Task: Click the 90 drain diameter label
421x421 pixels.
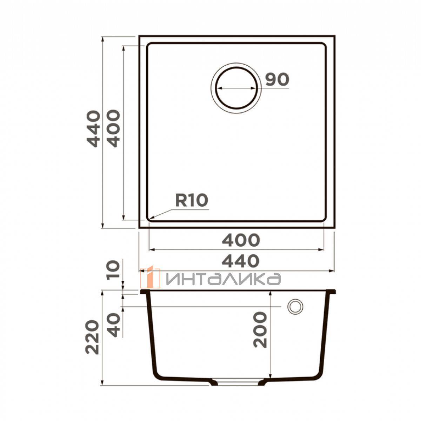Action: (x=277, y=79)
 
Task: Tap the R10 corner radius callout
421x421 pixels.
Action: (x=192, y=201)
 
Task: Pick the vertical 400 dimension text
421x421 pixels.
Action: (x=114, y=128)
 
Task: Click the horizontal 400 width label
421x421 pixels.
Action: (x=241, y=240)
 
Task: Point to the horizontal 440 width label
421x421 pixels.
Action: (x=241, y=261)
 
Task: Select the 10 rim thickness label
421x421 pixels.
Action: (x=114, y=270)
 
